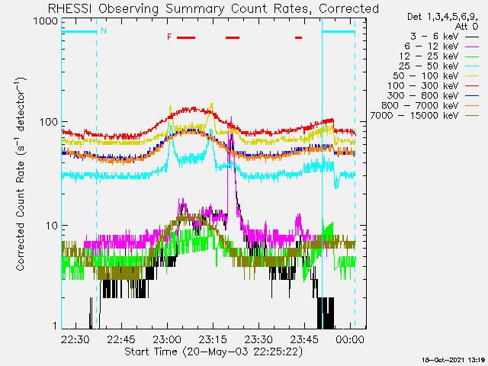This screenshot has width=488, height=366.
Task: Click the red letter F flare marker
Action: (169, 37)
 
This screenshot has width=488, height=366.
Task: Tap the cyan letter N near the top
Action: (104, 31)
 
